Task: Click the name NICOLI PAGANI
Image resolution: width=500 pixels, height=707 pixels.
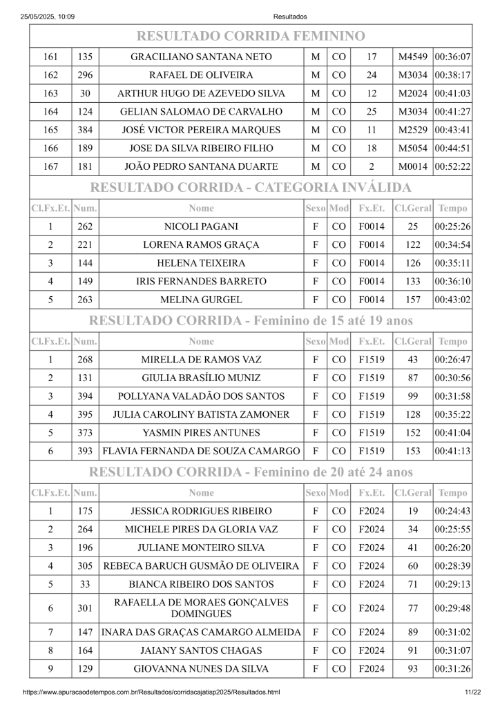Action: tap(201, 226)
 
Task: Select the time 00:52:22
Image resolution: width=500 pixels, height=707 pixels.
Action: tap(452, 166)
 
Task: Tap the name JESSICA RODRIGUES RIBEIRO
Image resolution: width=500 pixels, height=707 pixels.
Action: tap(201, 512)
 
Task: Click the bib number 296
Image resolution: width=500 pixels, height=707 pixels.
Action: tap(86, 75)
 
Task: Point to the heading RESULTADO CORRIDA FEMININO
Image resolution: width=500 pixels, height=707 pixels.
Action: tap(250, 36)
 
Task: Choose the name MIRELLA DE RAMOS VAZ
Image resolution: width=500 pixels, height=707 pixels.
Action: tap(201, 360)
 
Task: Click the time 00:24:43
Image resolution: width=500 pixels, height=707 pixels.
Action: tap(452, 512)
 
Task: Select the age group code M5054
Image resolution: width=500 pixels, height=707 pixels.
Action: tap(414, 148)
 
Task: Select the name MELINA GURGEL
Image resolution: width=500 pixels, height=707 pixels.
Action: tap(201, 300)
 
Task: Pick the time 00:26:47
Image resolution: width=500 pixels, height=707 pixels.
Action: tap(452, 360)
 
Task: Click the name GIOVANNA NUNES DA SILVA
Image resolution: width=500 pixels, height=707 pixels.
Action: tap(201, 668)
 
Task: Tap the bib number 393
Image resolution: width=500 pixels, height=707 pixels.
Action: tap(86, 452)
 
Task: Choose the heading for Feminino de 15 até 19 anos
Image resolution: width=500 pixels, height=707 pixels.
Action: tap(250, 320)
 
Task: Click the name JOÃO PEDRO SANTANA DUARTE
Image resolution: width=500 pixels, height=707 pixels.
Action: tap(201, 166)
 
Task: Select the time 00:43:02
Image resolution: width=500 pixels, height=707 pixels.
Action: tap(452, 300)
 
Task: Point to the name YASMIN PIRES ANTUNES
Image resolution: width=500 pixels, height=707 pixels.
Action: tap(201, 433)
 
